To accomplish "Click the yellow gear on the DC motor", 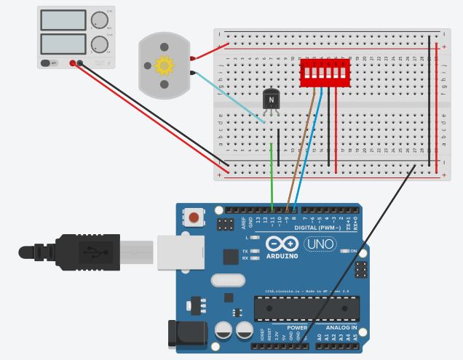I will click(165, 66).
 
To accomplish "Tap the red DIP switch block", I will click(324, 73).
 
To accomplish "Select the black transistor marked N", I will click(272, 100).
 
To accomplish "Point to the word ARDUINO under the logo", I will click(282, 256).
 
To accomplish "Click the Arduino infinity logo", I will click(281, 244).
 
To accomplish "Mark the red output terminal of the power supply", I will click(73, 64).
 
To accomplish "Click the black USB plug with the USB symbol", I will click(87, 252).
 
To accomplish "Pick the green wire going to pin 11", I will click(272, 175).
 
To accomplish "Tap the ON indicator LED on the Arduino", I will click(344, 251).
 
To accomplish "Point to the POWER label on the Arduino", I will click(296, 328).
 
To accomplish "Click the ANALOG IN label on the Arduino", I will click(341, 328).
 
